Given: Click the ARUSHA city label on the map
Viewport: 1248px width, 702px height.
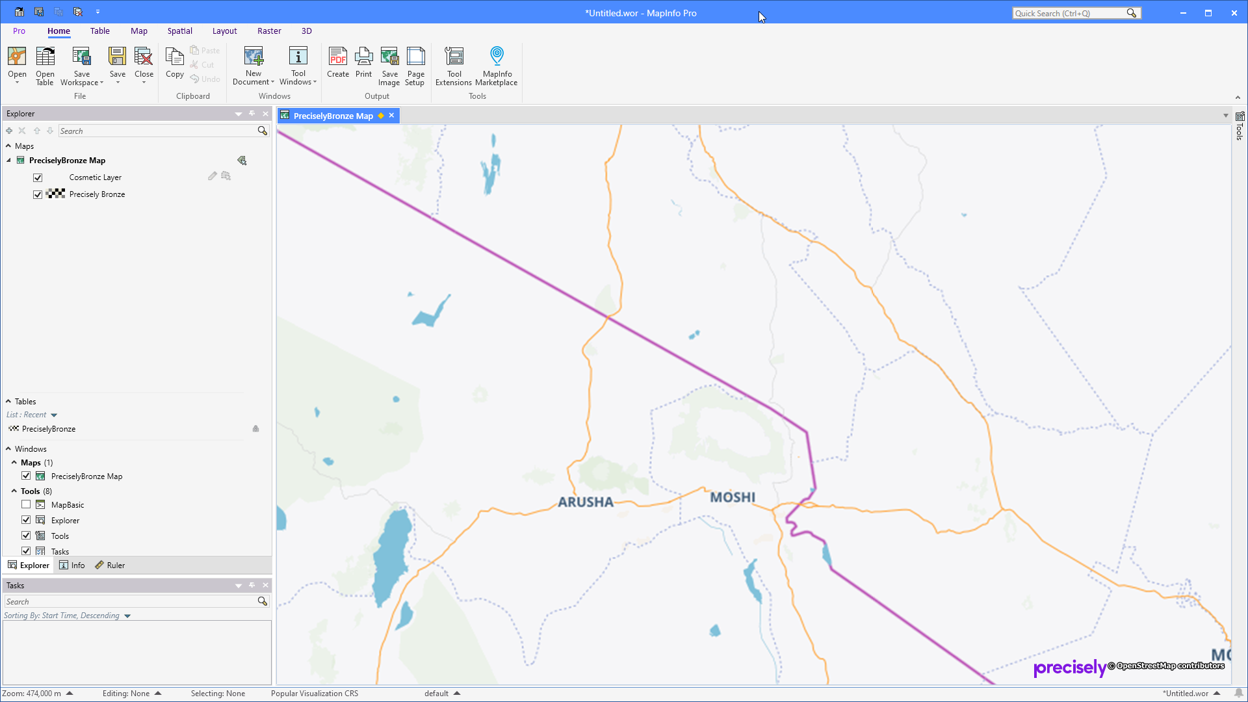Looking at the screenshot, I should click(x=585, y=502).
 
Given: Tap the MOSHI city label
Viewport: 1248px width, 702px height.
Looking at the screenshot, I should click(x=732, y=497).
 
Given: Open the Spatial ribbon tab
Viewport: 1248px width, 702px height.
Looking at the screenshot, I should click(x=179, y=31).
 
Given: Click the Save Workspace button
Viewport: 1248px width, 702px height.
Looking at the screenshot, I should click(x=81, y=66).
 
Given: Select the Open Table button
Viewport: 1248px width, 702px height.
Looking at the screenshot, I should click(x=45, y=66).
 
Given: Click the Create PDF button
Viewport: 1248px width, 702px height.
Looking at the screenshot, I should click(x=337, y=63).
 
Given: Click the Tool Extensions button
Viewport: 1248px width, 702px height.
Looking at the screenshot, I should click(x=454, y=66).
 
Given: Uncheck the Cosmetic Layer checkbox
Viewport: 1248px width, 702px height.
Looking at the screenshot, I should click(x=38, y=177).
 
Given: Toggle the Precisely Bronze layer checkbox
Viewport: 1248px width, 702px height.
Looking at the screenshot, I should click(x=38, y=194).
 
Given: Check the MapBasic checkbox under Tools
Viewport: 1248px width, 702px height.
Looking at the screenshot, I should click(x=26, y=504).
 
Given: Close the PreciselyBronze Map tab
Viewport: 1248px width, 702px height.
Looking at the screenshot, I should click(x=391, y=116).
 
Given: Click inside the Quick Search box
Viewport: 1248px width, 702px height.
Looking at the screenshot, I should click(x=1069, y=13).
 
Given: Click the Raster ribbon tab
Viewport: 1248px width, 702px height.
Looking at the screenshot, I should click(x=269, y=31).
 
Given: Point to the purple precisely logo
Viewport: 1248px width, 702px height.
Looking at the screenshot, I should click(x=1069, y=668).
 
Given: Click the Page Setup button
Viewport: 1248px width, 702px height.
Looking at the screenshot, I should click(x=415, y=66).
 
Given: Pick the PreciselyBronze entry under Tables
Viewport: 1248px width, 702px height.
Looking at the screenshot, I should click(x=49, y=429).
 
